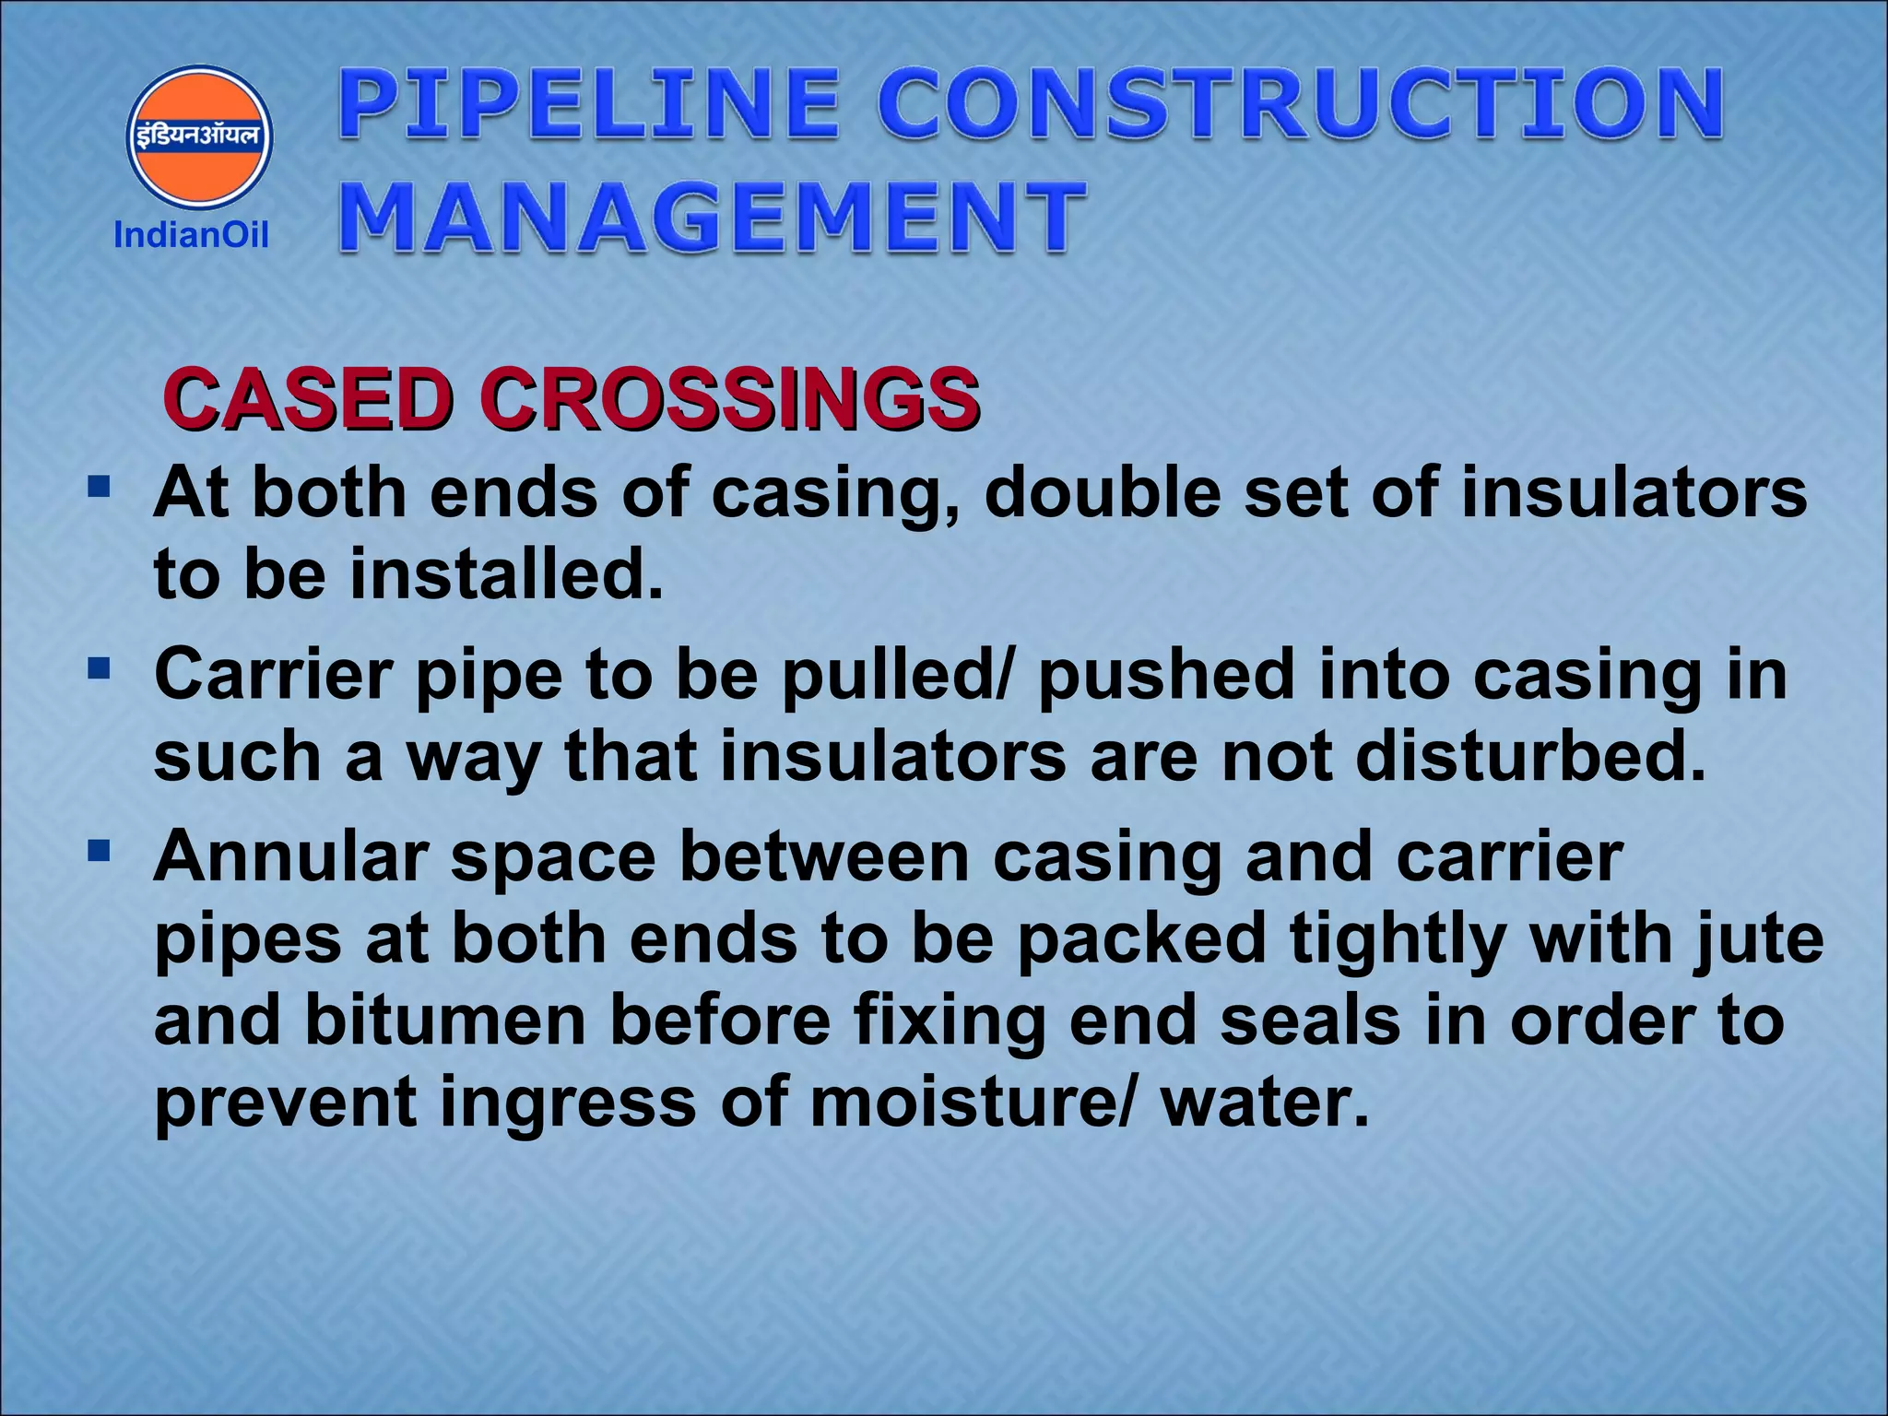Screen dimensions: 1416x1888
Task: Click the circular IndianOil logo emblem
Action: click(199, 137)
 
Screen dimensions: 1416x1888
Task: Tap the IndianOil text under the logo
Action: click(191, 235)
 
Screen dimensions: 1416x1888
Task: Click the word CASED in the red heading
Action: click(308, 400)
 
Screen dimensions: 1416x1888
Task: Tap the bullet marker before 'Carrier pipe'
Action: click(99, 666)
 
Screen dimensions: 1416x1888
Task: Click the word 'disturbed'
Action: click(1530, 756)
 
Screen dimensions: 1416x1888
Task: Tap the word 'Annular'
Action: click(291, 857)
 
